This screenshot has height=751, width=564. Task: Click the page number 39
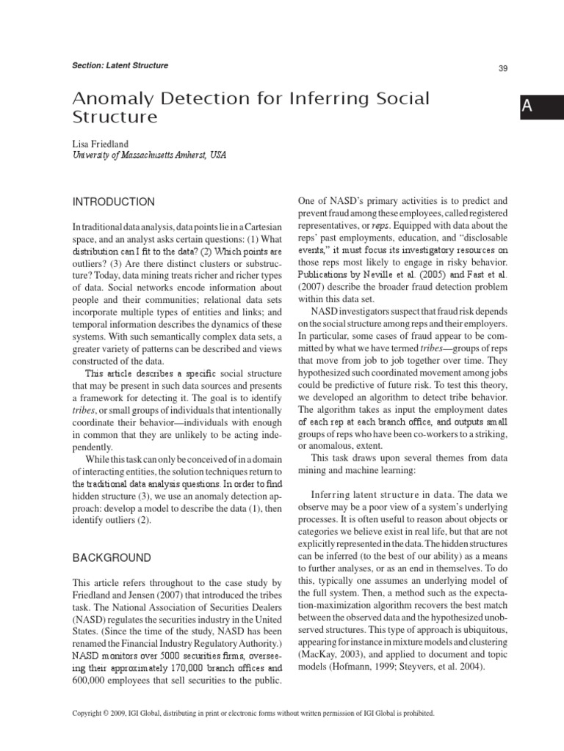pyautogui.click(x=503, y=68)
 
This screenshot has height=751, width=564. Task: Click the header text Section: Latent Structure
pyautogui.click(x=121, y=65)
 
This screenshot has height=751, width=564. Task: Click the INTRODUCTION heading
pyautogui.click(x=113, y=202)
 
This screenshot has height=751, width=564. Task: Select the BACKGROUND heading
pyautogui.click(x=112, y=558)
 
